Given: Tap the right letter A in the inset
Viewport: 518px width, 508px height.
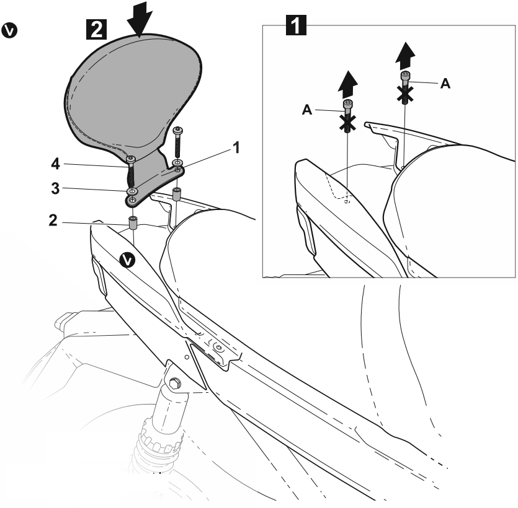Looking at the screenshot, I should (x=445, y=84).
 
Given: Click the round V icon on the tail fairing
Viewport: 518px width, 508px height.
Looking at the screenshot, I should (x=127, y=260).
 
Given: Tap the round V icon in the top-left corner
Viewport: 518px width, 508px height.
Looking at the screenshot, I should (x=11, y=29).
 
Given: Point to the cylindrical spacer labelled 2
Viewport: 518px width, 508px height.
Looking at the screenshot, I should (x=132, y=222).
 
